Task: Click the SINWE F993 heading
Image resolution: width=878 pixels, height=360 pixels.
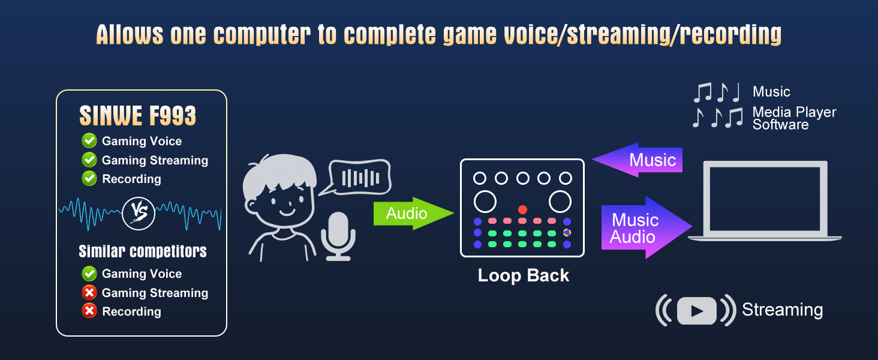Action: pos(138,116)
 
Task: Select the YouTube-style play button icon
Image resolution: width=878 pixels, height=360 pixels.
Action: pos(696,310)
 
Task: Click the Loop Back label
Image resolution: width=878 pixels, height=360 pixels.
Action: pos(523,275)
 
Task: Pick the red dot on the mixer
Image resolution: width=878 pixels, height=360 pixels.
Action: pos(522,209)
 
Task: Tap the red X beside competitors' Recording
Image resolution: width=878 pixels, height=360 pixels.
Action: pos(89,311)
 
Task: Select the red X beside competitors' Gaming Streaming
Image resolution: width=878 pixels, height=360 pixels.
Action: pos(89,292)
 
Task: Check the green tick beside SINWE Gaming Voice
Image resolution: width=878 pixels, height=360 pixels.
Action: pos(89,141)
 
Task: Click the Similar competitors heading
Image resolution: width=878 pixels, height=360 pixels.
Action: pos(142,251)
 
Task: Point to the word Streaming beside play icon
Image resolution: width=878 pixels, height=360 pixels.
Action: pos(782,310)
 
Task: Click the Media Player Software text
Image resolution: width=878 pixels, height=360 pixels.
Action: pos(793,118)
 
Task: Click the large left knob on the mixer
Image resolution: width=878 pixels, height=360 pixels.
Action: pos(485,202)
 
